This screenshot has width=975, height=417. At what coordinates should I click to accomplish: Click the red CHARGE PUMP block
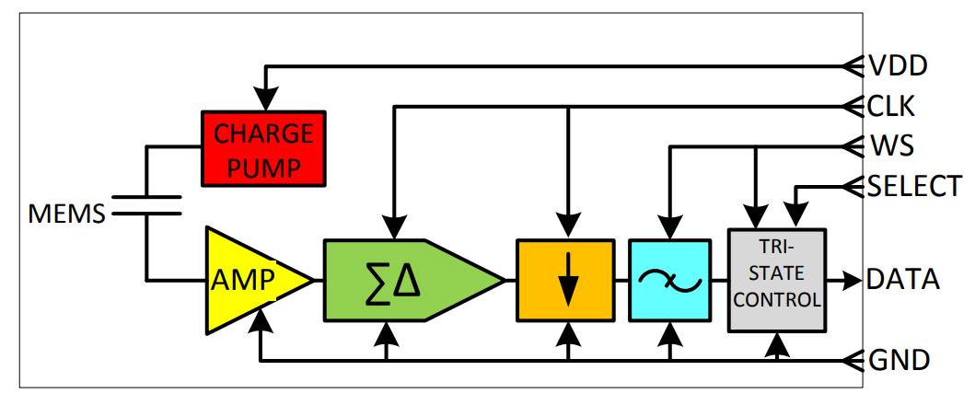(x=264, y=150)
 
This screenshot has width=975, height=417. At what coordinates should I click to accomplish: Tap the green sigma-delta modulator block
(x=396, y=280)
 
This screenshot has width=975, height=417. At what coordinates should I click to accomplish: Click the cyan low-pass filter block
(x=670, y=280)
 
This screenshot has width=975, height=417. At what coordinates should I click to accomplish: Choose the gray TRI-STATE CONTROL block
(x=777, y=280)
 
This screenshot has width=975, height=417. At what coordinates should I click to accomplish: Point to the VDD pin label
(x=898, y=66)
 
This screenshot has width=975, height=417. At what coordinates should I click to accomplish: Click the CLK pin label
(x=891, y=107)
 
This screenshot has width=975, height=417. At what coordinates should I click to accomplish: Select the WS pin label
(x=891, y=146)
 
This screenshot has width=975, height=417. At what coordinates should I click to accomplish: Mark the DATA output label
(x=903, y=279)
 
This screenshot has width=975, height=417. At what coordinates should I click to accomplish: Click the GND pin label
(x=899, y=360)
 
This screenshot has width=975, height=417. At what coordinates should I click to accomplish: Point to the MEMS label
(x=66, y=215)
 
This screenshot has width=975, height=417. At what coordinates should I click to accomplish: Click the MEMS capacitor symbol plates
(x=145, y=203)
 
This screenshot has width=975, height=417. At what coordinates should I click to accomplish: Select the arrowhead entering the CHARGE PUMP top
(x=265, y=98)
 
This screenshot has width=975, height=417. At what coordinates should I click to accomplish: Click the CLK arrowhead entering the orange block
(x=568, y=224)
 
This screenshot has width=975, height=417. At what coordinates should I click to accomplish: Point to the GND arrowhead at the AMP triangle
(x=263, y=320)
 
